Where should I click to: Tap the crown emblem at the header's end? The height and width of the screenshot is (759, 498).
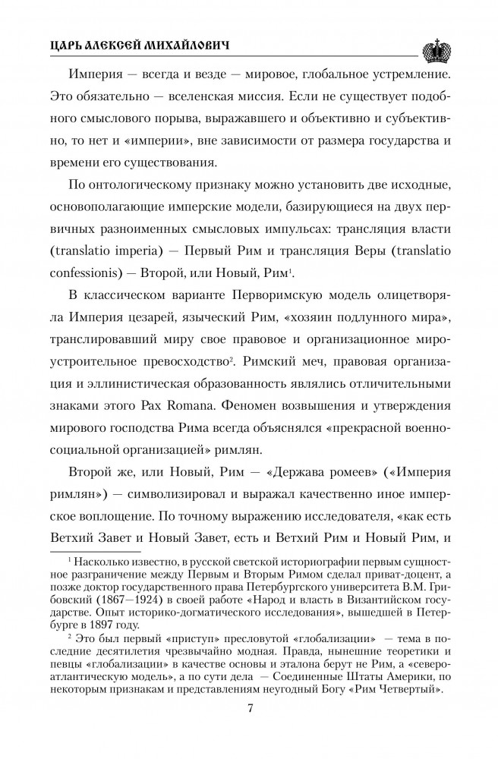tap(438, 49)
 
